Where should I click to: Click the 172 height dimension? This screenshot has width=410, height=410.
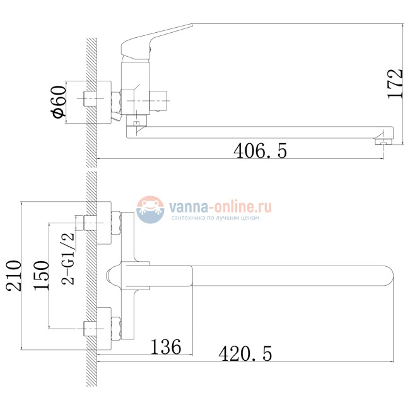(395, 84)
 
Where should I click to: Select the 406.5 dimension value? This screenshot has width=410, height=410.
(260, 151)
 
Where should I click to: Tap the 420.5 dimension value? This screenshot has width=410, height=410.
(245, 353)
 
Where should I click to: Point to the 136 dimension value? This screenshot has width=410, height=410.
(166, 347)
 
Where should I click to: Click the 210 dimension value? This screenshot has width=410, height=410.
(14, 276)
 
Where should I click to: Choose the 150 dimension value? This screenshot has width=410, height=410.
(41, 276)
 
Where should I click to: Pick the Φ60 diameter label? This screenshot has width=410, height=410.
(59, 102)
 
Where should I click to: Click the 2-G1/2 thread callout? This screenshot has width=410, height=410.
(68, 259)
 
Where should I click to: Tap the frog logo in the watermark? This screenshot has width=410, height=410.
(150, 209)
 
